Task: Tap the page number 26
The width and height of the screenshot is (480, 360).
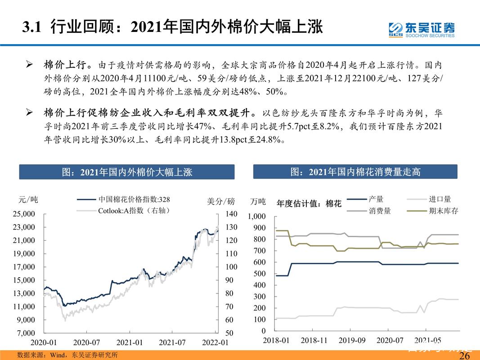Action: tap(464, 355)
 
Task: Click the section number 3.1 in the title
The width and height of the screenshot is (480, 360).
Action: tap(32, 27)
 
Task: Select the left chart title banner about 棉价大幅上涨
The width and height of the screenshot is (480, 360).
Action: tap(126, 172)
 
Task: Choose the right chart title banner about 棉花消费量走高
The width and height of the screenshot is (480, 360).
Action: tap(355, 171)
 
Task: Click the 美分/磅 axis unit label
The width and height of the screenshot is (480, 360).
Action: tap(221, 202)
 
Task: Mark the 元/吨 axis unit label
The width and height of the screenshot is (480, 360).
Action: tap(28, 200)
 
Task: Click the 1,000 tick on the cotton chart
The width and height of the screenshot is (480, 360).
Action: tap(257, 216)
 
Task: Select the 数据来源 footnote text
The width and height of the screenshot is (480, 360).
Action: tap(67, 355)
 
